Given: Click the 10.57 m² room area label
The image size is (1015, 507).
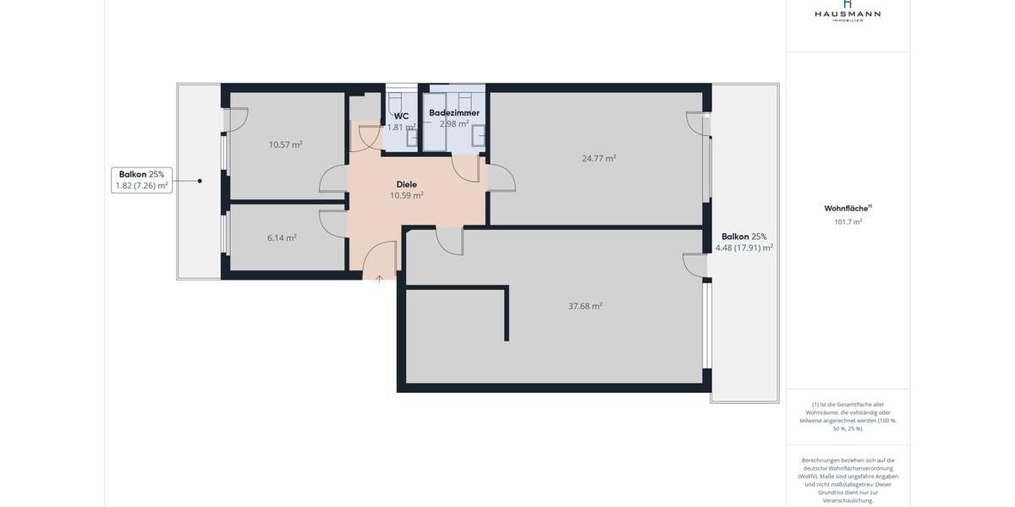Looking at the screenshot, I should (285, 144).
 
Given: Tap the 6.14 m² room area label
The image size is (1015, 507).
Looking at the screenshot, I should (282, 238).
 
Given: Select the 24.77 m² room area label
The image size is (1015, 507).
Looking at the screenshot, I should (598, 158).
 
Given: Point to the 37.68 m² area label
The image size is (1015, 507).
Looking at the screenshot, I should (584, 306).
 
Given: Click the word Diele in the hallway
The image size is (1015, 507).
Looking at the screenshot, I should (406, 184).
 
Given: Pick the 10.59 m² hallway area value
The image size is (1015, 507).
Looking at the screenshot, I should (406, 195).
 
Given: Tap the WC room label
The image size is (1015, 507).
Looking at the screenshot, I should (401, 117).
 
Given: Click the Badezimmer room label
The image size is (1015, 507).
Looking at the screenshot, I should (453, 112).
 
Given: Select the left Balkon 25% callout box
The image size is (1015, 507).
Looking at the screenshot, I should (142, 180).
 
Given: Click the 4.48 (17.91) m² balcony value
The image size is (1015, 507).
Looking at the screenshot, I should (743, 248).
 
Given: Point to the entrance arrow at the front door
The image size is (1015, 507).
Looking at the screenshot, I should (379, 279).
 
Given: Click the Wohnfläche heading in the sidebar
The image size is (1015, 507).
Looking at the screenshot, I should (848, 208).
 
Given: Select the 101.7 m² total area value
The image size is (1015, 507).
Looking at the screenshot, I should (848, 222).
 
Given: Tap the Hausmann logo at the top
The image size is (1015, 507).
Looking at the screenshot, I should (848, 11).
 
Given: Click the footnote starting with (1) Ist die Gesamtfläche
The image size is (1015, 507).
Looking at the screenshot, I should (848, 417).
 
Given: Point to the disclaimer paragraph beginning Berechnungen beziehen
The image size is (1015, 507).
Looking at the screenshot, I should (848, 480).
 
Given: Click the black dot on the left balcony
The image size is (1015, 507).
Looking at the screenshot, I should (200, 181).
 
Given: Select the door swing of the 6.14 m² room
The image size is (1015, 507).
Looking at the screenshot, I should (332, 222).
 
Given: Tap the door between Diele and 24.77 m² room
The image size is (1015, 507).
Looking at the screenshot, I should (501, 178).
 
